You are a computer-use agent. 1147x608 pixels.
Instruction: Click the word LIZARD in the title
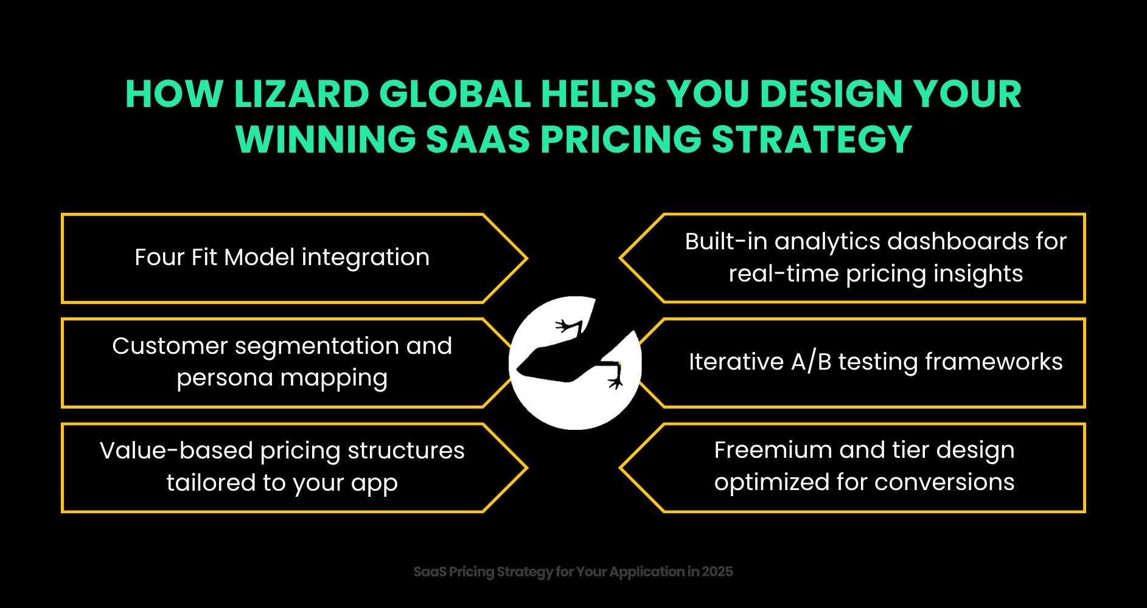[301, 95]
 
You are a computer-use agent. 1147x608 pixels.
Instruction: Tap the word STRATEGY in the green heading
[812, 140]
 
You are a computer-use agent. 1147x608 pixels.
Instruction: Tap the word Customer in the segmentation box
[170, 346]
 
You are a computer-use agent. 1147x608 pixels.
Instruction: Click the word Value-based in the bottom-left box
[176, 451]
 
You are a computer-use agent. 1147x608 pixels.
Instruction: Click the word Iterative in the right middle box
[736, 362]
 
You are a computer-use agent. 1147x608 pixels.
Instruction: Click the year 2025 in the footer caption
[717, 572]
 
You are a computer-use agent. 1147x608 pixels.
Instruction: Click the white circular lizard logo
[575, 363]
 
